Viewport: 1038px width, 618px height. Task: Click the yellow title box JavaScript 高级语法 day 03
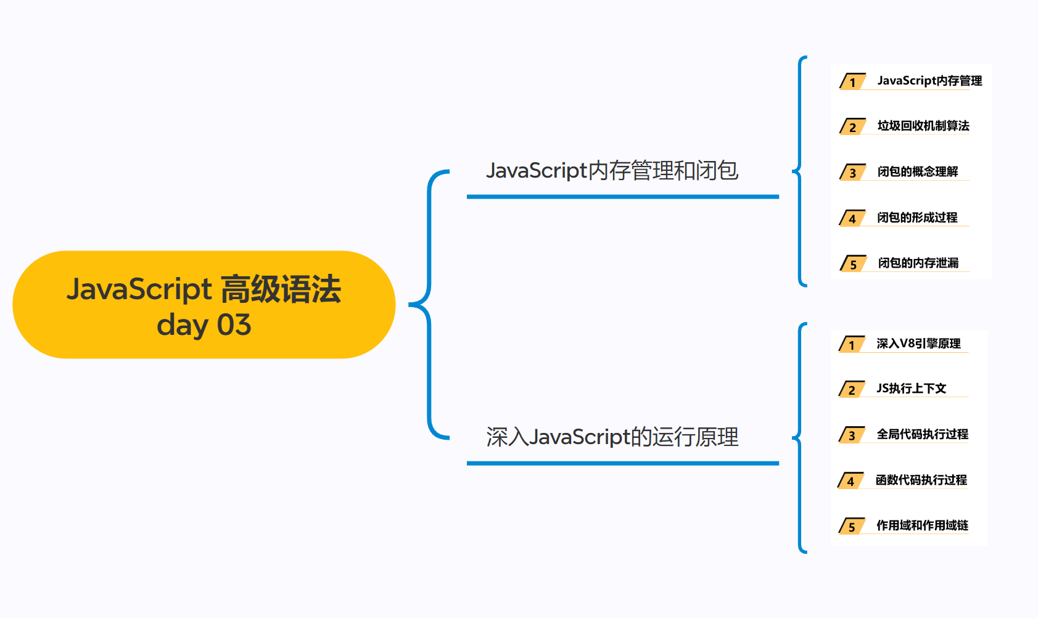pyautogui.click(x=204, y=305)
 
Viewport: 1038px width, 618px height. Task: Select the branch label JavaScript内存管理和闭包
pyautogui.click(x=612, y=171)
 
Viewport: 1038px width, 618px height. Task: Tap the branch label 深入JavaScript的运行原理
pyautogui.click(x=612, y=437)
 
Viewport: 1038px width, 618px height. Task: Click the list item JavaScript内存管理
pyautogui.click(x=929, y=81)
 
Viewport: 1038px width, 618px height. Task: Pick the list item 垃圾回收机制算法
pyautogui.click(x=923, y=126)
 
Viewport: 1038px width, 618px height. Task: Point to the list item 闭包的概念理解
pyautogui.click(x=918, y=171)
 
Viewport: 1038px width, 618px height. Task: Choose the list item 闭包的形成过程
pyautogui.click(x=917, y=217)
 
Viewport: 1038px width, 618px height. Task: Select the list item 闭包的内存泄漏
pyautogui.click(x=918, y=263)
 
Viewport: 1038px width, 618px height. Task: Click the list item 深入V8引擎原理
pyautogui.click(x=918, y=344)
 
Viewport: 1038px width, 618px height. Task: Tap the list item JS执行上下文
pyautogui.click(x=911, y=389)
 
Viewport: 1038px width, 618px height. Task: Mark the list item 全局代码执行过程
pyautogui.click(x=922, y=434)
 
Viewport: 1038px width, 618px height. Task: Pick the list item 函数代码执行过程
pyautogui.click(x=921, y=480)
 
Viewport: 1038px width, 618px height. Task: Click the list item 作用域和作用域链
pyautogui.click(x=922, y=525)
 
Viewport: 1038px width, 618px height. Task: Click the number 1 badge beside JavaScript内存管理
pyautogui.click(x=853, y=82)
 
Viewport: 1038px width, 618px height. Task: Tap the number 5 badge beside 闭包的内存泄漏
pyautogui.click(x=854, y=265)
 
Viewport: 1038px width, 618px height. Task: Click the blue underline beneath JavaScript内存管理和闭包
pyautogui.click(x=623, y=197)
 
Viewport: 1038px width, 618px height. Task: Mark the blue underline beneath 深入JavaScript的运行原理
pyautogui.click(x=623, y=463)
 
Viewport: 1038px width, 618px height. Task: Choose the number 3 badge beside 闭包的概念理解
pyautogui.click(x=853, y=173)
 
